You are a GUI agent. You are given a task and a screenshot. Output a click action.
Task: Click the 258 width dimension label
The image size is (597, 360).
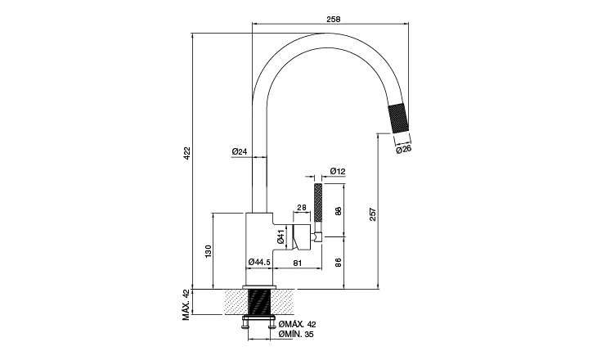tap(333, 19)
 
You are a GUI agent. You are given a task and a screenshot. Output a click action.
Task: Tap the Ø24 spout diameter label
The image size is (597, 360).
tap(240, 151)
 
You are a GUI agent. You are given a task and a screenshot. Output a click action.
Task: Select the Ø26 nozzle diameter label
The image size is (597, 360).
tap(404, 149)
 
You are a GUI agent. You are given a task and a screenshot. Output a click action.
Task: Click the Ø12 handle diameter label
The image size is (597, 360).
tap(338, 172)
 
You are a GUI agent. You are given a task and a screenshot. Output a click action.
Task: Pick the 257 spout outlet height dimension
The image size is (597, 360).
tap(373, 214)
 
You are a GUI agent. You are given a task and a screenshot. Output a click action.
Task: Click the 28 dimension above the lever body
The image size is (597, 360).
tap(302, 208)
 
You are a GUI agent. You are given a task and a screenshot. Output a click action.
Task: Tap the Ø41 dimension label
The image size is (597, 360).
tap(281, 237)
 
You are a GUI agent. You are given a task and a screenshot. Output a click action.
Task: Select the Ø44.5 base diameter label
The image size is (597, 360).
tap(259, 262)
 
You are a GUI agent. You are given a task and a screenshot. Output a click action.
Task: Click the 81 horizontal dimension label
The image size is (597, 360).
tap(298, 263)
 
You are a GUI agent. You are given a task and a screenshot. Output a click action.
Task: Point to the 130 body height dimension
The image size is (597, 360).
tap(209, 252)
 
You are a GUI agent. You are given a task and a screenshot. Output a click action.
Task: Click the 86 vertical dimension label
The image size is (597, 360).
tap(339, 262)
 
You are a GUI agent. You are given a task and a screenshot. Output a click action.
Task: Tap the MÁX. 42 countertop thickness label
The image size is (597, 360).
tap(186, 304)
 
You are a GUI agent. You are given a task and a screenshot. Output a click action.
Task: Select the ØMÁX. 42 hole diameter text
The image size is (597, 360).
tap(298, 325)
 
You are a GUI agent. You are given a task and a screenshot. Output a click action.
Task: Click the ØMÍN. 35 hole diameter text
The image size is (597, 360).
tap(296, 335)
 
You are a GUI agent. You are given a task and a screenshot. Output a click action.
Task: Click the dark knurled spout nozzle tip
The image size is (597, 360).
tap(398, 118)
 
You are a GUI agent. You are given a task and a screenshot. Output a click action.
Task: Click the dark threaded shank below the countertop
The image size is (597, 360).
tap(259, 302)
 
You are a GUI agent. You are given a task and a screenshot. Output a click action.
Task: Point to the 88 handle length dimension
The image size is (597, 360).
tap(339, 210)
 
